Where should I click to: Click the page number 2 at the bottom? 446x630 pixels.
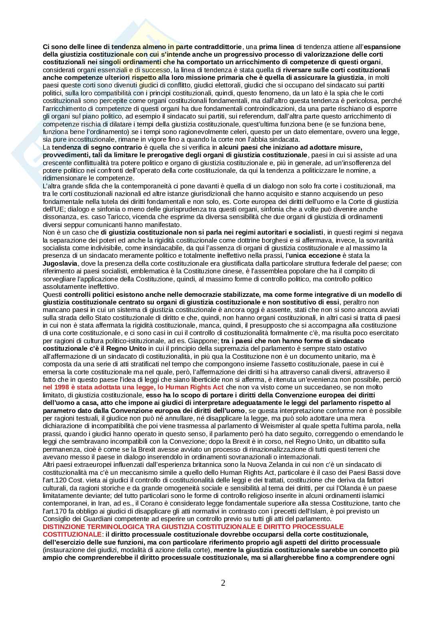tap(223, 583)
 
